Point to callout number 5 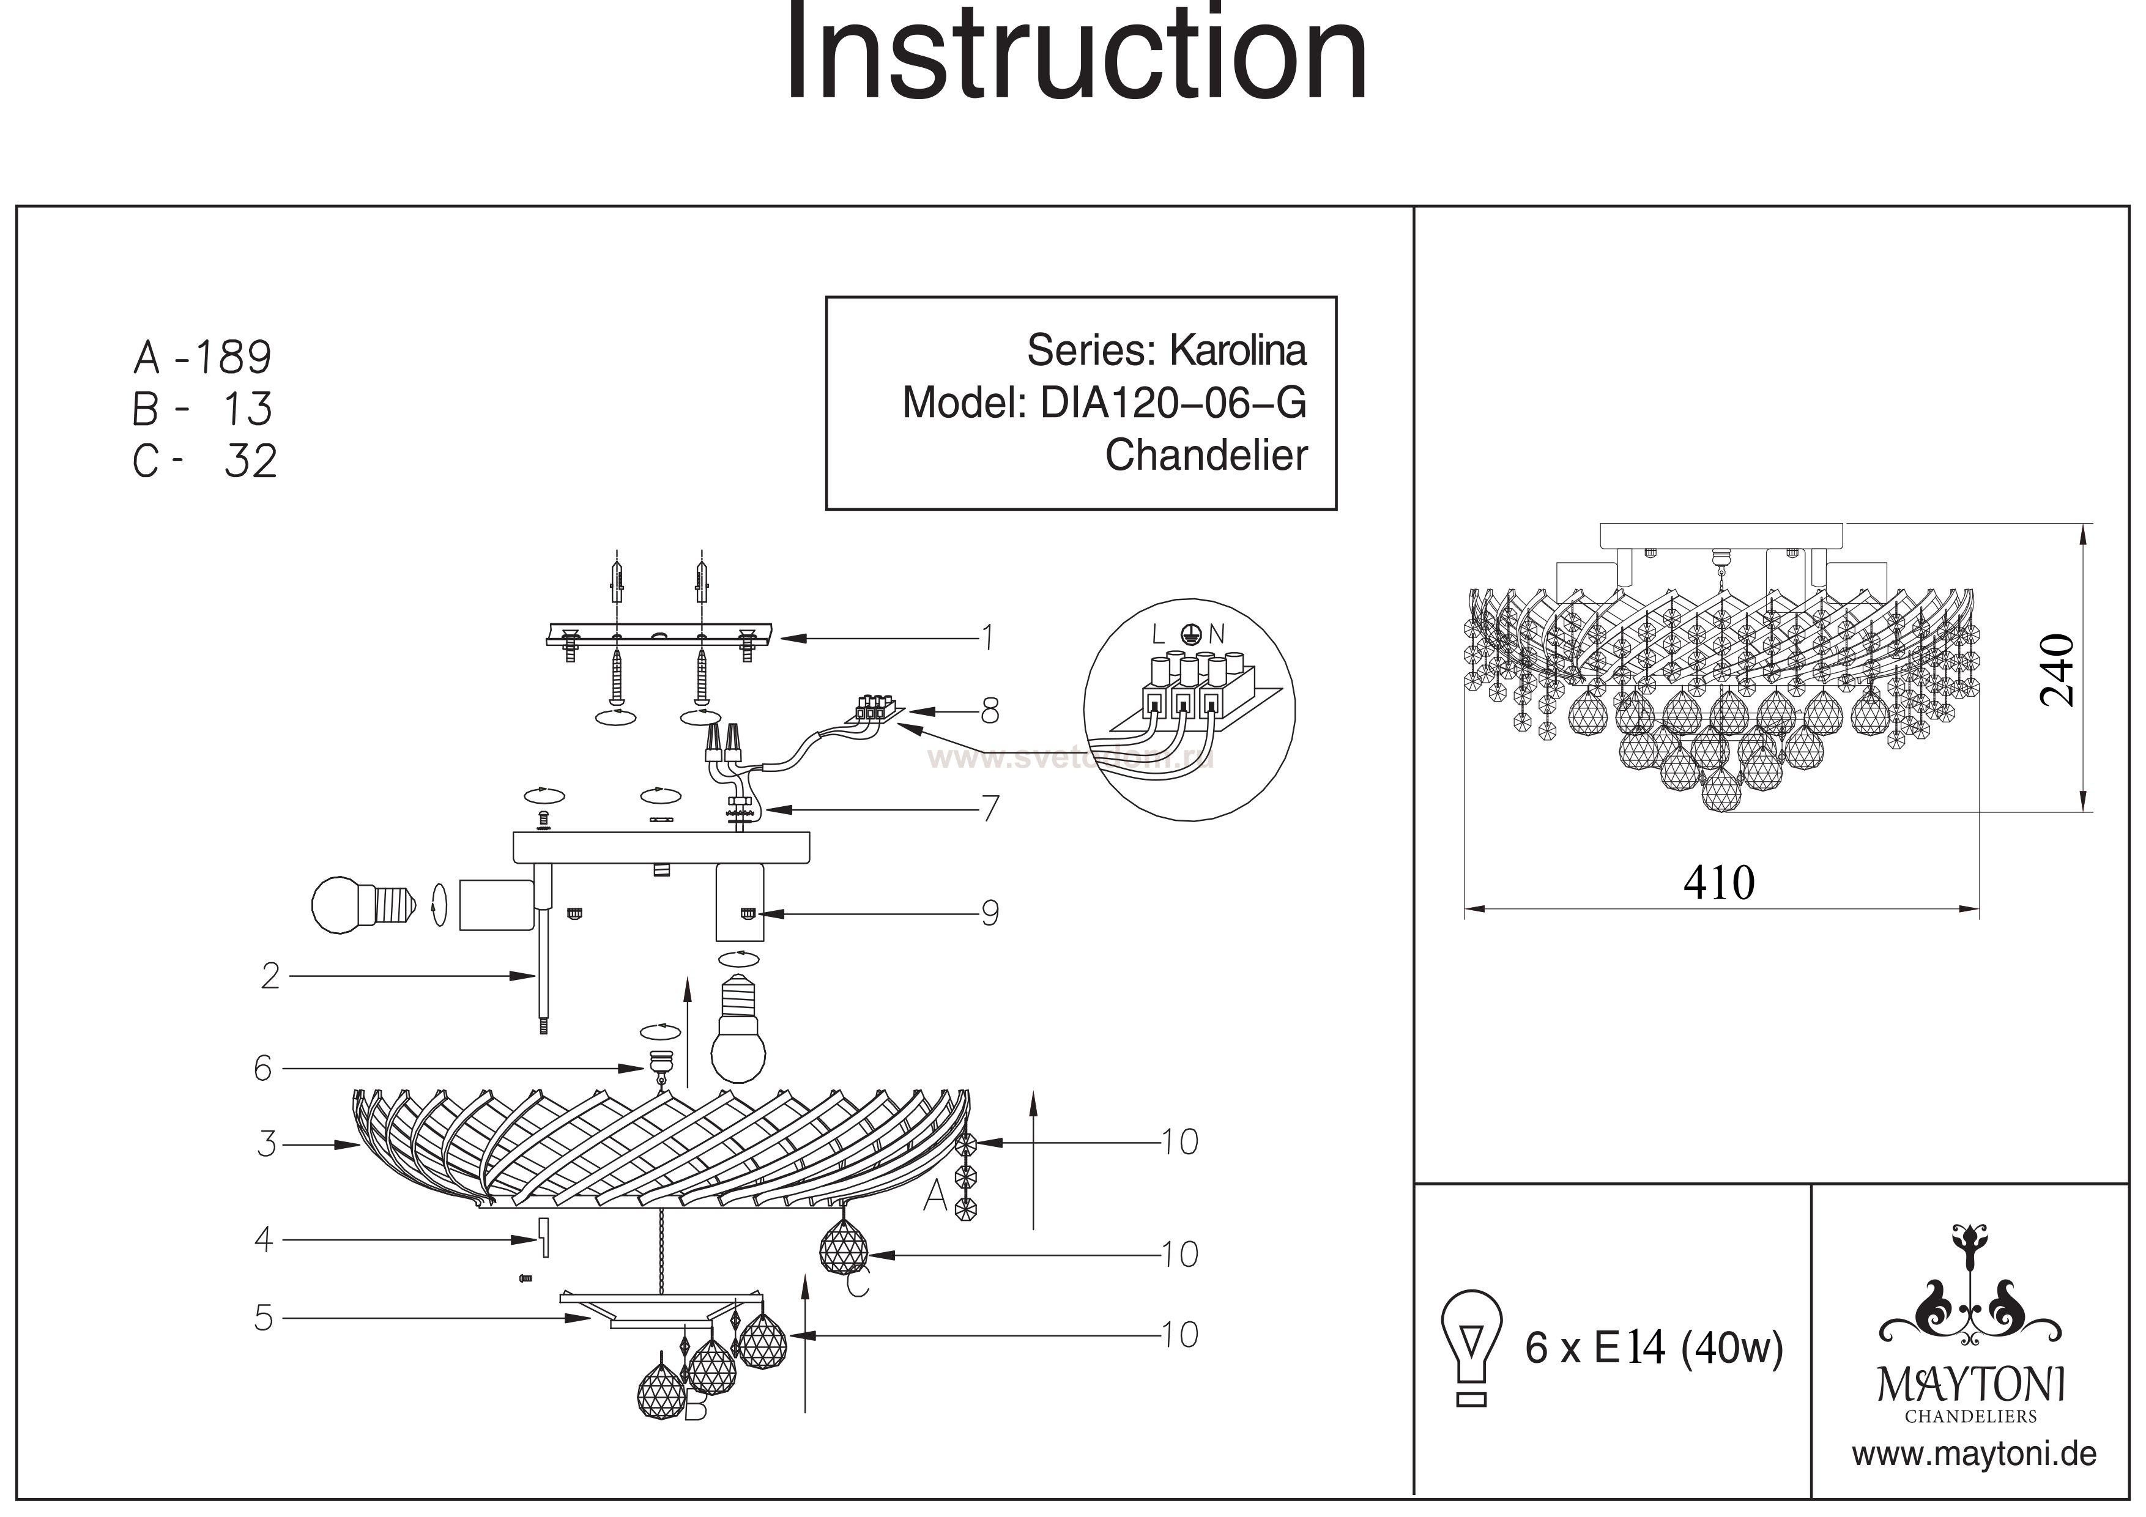tap(264, 1318)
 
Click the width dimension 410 tap(1719, 882)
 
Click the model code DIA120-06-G tap(1173, 403)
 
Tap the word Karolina tap(1238, 351)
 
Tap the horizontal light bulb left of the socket tap(363, 904)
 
